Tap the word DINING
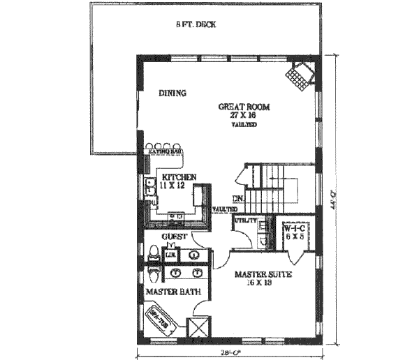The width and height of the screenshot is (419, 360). [x=172, y=93]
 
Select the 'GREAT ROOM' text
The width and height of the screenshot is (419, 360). [x=243, y=106]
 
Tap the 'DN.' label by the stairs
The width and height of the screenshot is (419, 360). [x=237, y=197]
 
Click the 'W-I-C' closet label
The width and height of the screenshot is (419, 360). [x=293, y=228]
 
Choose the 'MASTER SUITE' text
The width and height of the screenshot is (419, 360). [x=263, y=274]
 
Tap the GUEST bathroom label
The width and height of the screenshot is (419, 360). [x=173, y=238]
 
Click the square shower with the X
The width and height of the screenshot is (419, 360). [x=200, y=328]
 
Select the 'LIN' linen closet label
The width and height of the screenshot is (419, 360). [x=169, y=256]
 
